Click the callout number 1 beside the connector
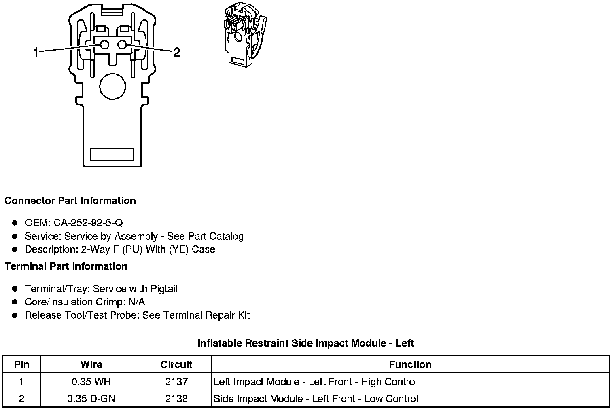(x=36, y=52)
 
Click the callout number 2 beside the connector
(x=177, y=52)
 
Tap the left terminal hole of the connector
(x=104, y=45)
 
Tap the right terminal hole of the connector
(x=122, y=45)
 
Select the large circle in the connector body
(x=112, y=86)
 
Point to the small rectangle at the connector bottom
(x=112, y=154)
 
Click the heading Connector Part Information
(x=70, y=201)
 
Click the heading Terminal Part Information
(x=66, y=266)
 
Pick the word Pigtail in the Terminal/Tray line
(x=164, y=289)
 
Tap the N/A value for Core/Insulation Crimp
(x=136, y=302)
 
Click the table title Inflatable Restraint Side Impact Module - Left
(x=305, y=343)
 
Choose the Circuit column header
(x=176, y=364)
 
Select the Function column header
(x=410, y=364)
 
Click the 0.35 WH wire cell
(x=91, y=382)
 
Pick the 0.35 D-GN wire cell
(x=91, y=399)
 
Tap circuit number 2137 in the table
(x=176, y=382)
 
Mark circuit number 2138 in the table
(x=176, y=399)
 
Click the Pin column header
(x=21, y=364)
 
